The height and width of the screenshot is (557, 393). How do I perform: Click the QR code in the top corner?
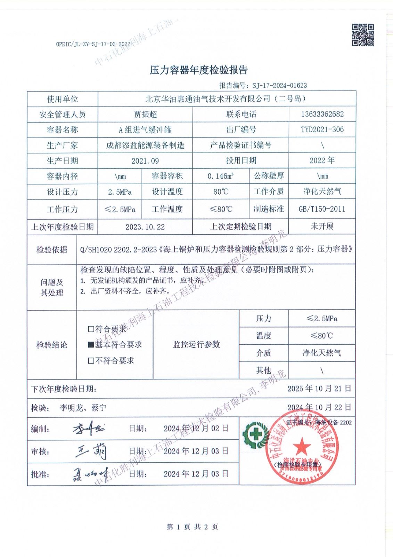click(x=363, y=35)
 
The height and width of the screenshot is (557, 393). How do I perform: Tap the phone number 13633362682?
click(x=322, y=114)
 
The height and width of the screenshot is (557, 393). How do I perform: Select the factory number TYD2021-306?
click(x=322, y=130)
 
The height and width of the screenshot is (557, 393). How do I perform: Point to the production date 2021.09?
click(x=145, y=161)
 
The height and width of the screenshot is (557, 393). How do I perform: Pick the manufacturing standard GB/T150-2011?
click(x=322, y=209)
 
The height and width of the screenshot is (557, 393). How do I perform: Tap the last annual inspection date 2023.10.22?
click(x=145, y=227)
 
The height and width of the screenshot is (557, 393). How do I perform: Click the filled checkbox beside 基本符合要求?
click(x=91, y=345)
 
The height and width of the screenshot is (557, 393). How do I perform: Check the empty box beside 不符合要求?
click(x=91, y=361)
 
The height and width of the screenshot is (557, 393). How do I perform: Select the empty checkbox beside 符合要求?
click(x=91, y=329)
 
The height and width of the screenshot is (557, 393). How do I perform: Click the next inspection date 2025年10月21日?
click(x=319, y=389)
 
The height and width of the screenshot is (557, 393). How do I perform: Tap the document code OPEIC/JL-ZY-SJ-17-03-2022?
click(x=93, y=44)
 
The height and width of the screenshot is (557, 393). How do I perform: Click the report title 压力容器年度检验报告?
click(x=198, y=70)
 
